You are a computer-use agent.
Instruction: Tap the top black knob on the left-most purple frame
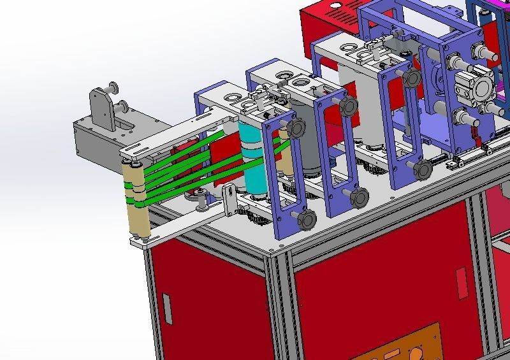295,129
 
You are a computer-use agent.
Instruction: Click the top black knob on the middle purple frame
348,106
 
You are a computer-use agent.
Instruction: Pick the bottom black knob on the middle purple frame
360,198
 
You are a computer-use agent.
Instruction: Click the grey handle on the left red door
167,308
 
